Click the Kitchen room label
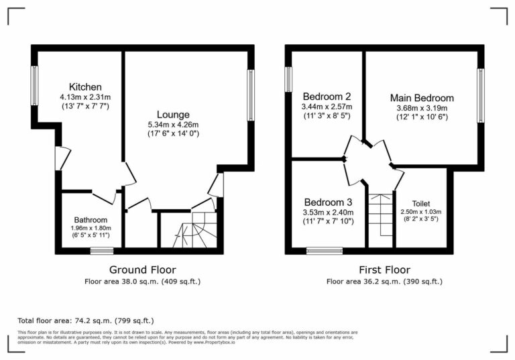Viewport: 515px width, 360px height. click(x=85, y=87)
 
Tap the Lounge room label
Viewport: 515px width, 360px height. click(x=173, y=115)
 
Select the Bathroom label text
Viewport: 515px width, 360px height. click(x=91, y=220)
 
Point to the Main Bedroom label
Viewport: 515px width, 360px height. click(x=422, y=98)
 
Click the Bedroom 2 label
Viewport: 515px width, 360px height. click(x=327, y=96)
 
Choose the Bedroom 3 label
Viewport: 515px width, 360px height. click(x=328, y=202)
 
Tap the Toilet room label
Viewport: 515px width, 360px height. click(x=421, y=203)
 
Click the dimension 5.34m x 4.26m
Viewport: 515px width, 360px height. click(x=173, y=125)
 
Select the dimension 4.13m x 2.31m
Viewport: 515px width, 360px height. click(x=85, y=97)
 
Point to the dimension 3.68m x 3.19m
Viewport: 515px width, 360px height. click(x=422, y=108)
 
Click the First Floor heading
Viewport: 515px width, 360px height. click(x=384, y=269)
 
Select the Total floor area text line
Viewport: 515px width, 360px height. click(x=90, y=320)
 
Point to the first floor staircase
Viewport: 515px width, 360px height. click(x=381, y=215)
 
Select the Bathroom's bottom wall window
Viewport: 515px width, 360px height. click(x=102, y=251)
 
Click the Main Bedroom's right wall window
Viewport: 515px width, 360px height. click(x=480, y=95)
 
